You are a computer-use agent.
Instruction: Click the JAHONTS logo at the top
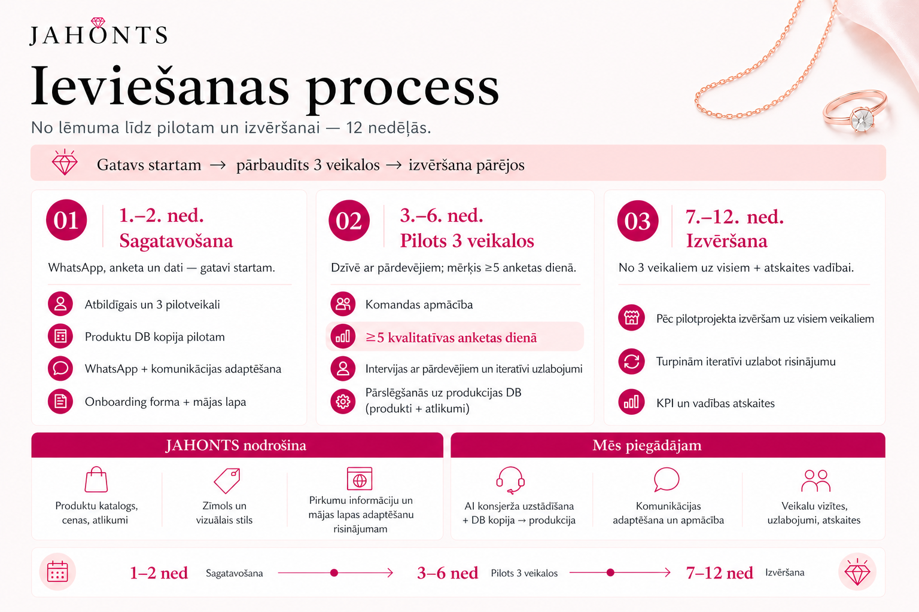(x=99, y=32)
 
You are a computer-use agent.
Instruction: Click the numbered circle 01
(x=66, y=220)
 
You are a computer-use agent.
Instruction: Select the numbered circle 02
(x=349, y=221)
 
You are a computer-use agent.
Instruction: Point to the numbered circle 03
(x=638, y=221)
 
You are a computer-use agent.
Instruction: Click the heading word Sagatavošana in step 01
(x=176, y=241)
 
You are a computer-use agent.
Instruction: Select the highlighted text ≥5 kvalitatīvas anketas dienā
(x=451, y=337)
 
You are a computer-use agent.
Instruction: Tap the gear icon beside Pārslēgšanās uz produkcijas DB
(x=343, y=401)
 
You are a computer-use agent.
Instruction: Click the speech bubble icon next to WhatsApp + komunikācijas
(x=60, y=369)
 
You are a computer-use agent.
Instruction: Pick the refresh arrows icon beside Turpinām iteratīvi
(x=631, y=361)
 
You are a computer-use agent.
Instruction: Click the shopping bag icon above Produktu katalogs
(x=96, y=479)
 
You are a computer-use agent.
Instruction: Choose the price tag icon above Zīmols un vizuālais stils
(x=227, y=481)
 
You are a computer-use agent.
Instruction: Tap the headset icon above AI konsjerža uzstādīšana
(x=510, y=480)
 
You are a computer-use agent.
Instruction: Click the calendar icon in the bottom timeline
(x=57, y=572)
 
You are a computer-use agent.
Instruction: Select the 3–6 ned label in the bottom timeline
(x=448, y=573)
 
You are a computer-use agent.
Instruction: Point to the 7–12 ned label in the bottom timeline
(x=720, y=573)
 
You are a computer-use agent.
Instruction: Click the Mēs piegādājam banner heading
(x=647, y=445)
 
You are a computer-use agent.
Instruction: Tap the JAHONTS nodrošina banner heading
(x=236, y=445)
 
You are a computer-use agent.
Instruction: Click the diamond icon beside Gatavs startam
(x=65, y=163)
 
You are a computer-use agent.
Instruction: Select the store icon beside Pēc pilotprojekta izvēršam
(x=631, y=318)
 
